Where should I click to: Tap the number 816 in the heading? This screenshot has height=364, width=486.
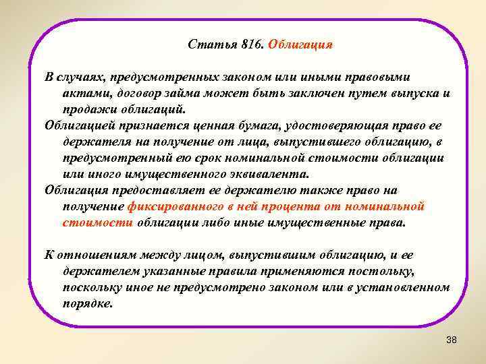pyautogui.click(x=250, y=45)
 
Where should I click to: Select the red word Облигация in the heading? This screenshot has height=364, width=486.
pyautogui.click(x=301, y=45)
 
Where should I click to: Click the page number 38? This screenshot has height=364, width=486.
pyautogui.click(x=452, y=340)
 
